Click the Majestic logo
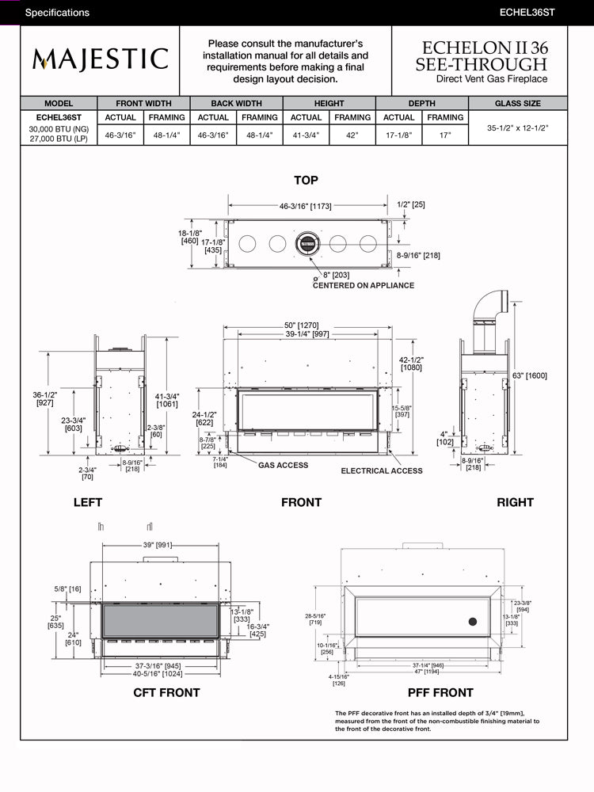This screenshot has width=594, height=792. coord(100,59)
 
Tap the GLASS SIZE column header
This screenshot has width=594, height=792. coord(518,104)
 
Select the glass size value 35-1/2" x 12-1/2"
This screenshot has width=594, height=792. coord(518,127)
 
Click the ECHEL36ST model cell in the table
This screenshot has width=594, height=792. coord(59,117)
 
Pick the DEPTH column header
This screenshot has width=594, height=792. coord(421,104)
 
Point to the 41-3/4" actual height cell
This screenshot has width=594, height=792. coord(306,135)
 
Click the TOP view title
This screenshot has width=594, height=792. coord(306,181)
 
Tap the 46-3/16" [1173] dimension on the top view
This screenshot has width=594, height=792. coord(305,206)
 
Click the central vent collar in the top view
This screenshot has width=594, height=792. coord(306,242)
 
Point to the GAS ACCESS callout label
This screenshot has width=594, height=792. coord(283,465)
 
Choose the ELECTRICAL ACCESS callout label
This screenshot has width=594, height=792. coord(382,471)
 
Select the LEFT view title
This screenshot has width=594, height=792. coord(88,502)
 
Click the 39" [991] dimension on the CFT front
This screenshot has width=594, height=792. coord(157,545)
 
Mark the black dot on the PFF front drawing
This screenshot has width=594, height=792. coord(473,622)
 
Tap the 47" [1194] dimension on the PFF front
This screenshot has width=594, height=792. coord(426,671)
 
